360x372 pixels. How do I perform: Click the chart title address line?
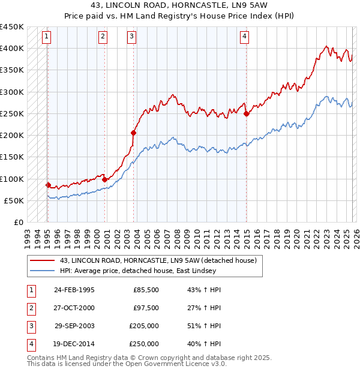click(x=179, y=5)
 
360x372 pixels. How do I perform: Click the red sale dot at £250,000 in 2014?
click(x=247, y=113)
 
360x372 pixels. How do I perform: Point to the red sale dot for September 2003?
click(x=133, y=133)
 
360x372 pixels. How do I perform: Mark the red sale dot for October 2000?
click(x=104, y=179)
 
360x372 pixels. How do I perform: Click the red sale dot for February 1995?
click(x=48, y=185)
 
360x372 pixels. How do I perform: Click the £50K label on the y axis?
click(x=14, y=200)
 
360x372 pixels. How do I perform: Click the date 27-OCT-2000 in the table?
click(x=74, y=308)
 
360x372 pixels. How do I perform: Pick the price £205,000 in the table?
click(x=144, y=326)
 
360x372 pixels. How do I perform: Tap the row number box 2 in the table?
click(x=31, y=308)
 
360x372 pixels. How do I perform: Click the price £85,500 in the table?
click(x=146, y=290)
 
